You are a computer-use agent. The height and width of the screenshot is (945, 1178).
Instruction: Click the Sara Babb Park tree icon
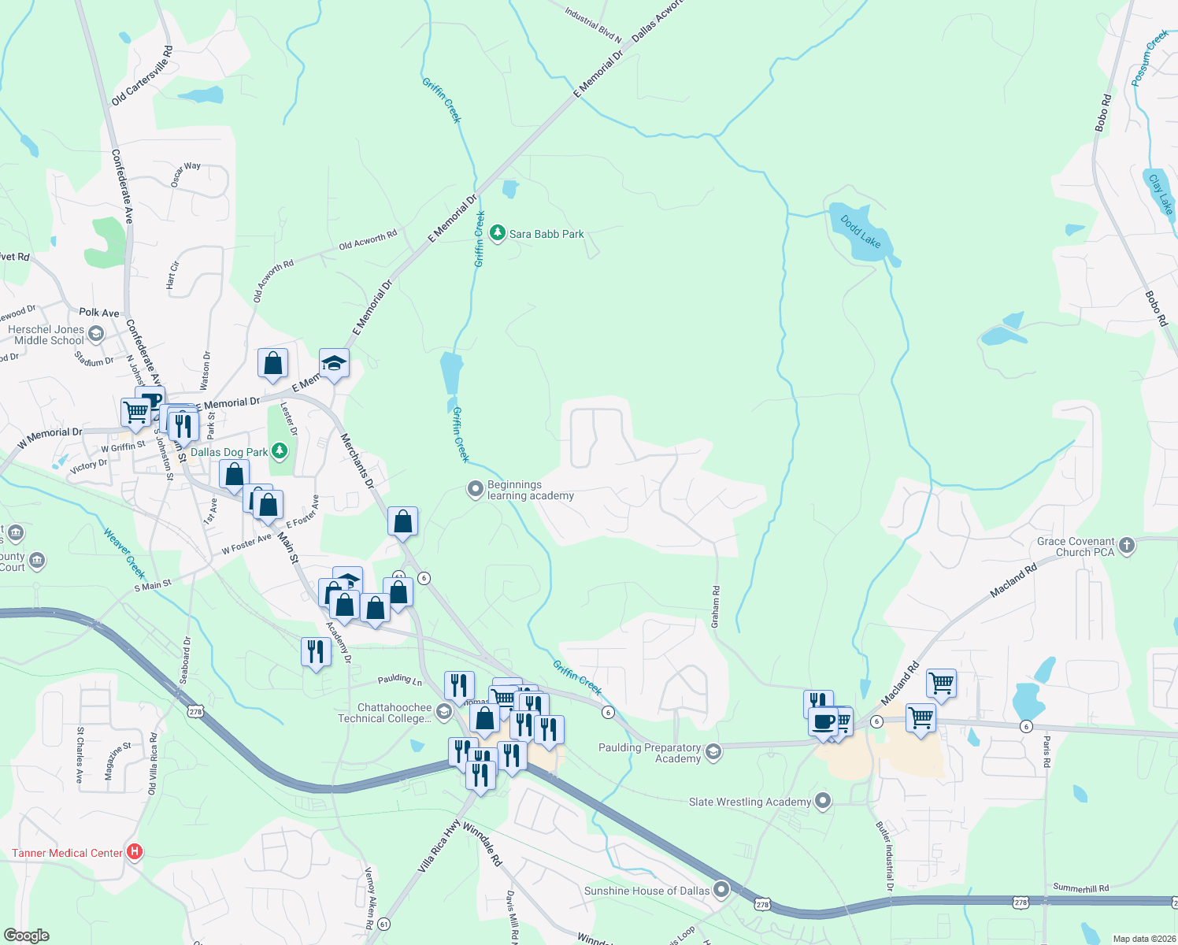(497, 233)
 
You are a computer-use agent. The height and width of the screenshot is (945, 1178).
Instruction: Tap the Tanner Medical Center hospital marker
(135, 852)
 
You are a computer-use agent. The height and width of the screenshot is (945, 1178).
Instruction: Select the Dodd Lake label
(861, 232)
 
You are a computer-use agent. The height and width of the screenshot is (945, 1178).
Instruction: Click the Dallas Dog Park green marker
(280, 451)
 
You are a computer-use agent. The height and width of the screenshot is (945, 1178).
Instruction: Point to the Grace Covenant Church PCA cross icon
(1127, 546)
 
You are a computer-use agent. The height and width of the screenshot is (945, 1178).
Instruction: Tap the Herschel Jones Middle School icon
(96, 335)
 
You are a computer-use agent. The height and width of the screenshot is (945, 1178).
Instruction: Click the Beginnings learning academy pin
(475, 490)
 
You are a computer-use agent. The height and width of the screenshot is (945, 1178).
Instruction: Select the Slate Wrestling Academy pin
(823, 802)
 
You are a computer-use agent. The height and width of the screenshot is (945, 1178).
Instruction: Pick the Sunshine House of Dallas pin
(721, 891)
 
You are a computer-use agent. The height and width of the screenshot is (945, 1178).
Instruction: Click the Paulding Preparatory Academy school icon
(713, 752)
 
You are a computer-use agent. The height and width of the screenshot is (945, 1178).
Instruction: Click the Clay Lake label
(1161, 194)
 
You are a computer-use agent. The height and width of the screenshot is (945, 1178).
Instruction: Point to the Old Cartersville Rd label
(142, 76)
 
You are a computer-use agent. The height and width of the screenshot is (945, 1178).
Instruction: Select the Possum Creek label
(1150, 58)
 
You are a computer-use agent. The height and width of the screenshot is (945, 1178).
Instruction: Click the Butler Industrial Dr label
(885, 857)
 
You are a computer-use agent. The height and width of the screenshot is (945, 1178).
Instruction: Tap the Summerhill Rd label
(1080, 888)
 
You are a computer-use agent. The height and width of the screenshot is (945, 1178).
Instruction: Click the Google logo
(26, 936)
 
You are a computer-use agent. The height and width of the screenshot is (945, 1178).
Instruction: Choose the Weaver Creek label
(124, 553)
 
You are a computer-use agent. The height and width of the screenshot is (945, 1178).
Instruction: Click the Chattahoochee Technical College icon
(444, 712)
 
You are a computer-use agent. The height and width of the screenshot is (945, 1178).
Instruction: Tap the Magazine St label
(117, 762)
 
